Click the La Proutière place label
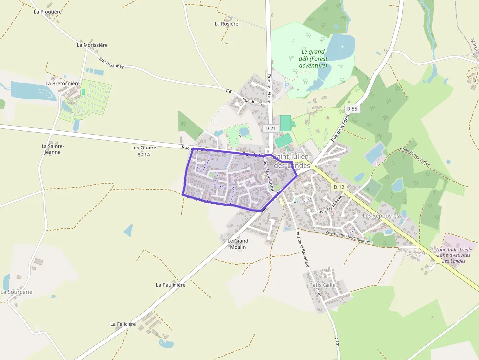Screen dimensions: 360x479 coord(47,11)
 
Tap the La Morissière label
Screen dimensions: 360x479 coord(92,45)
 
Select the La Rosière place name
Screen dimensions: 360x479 coord(226,23)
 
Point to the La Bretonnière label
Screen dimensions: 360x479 coord(63,83)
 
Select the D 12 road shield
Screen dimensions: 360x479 coord(339,187)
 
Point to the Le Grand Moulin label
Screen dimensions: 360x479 coord(238,244)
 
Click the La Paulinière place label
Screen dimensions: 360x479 coord(171,285)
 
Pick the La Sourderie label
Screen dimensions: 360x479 coord(16,292)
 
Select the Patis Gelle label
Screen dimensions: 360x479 coord(323,285)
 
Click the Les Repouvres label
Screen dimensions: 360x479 coord(381,215)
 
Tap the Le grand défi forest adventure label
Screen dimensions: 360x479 coord(313,59)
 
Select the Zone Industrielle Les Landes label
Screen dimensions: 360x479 coord(453,255)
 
